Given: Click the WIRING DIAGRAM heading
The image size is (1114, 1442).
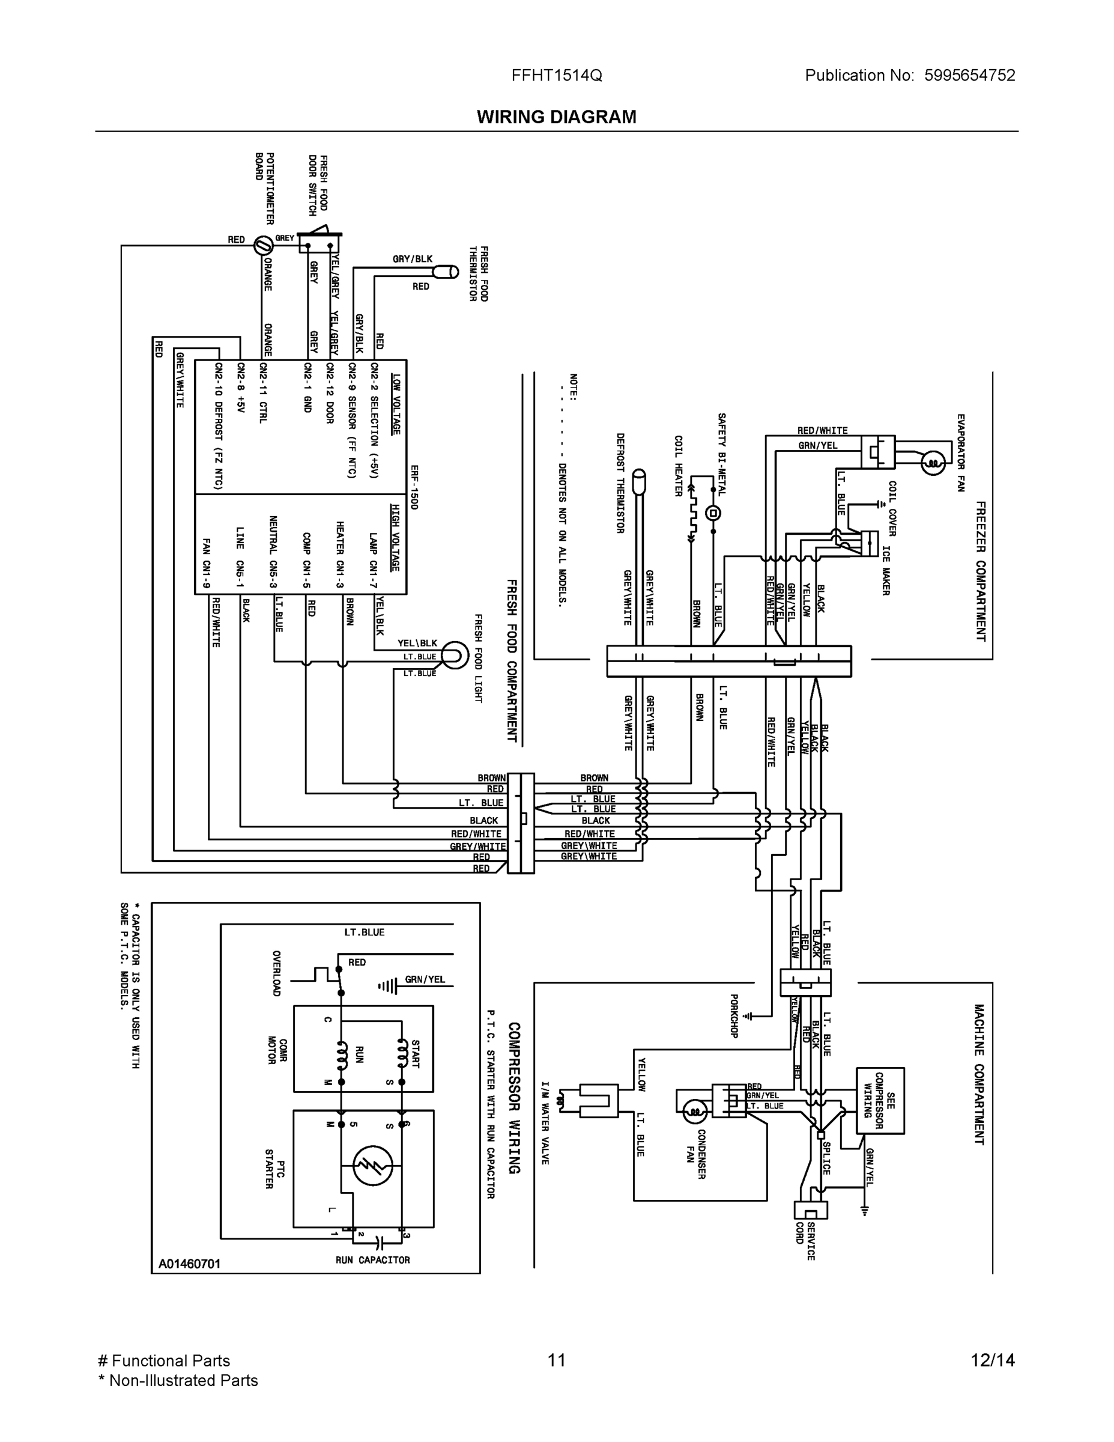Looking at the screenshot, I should pos(556,117).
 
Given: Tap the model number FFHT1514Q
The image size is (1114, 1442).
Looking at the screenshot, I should pos(556,75).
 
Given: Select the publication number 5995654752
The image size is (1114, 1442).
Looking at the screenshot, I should pos(969,75).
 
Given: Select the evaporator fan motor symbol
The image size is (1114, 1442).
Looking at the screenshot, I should pos(932,463).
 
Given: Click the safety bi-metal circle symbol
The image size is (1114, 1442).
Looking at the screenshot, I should pos(713,513).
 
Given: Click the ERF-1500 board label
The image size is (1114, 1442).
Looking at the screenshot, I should pos(413,486).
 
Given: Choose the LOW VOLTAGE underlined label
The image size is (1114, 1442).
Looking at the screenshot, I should pos(395,404).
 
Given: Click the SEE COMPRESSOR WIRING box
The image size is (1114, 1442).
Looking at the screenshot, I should pos(880,1100).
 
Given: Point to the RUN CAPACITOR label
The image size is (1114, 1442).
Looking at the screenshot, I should pos(372,1260).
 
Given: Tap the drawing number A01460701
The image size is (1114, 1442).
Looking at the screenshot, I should pos(189,1264).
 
